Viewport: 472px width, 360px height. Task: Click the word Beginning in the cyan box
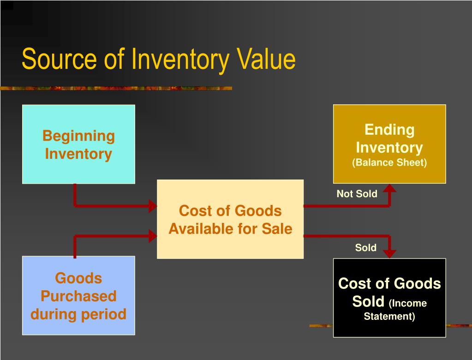pos(78,136)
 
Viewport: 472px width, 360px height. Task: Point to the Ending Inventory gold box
pos(389,144)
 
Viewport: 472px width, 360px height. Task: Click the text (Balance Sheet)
pos(389,162)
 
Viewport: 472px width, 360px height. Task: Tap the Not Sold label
pos(357,194)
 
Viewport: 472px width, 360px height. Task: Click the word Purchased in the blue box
pos(78,296)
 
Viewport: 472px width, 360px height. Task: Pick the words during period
pos(78,314)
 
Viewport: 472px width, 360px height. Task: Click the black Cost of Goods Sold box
pos(389,298)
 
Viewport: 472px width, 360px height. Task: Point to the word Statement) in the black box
pos(389,317)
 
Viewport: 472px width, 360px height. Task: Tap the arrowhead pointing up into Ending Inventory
pos(390,188)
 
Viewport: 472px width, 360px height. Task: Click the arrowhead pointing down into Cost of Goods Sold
pos(390,253)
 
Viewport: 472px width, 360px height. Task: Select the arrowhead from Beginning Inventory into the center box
pos(153,206)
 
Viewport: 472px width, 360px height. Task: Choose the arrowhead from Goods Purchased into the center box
pos(153,236)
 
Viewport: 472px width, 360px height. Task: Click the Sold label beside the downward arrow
pos(365,248)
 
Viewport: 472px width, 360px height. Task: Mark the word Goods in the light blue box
pos(78,278)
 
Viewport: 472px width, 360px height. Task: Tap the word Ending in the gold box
pos(389,130)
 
